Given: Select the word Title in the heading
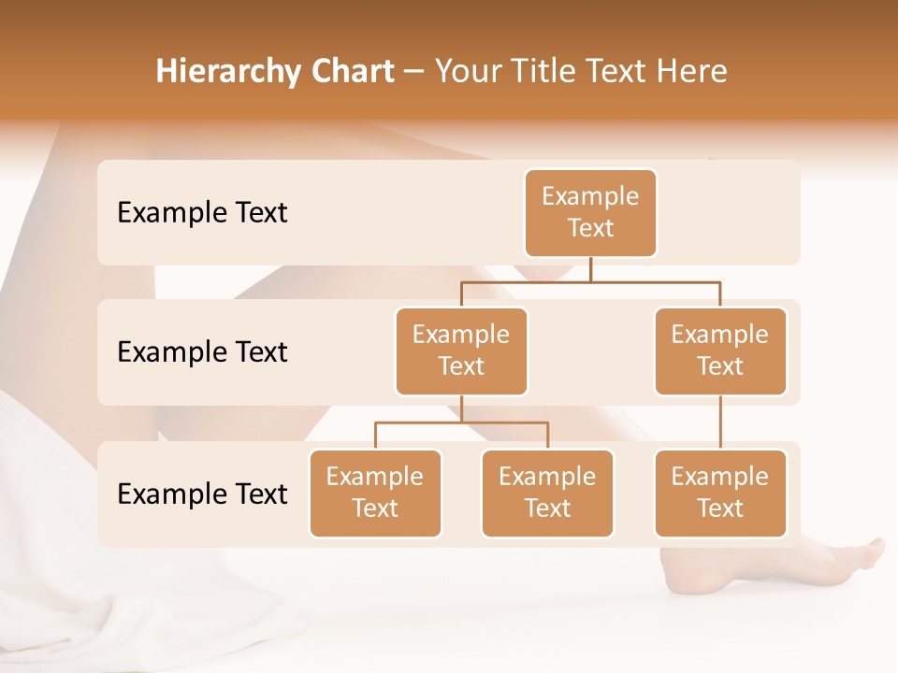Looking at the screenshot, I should [x=546, y=72].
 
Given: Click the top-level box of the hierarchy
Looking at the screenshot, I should [x=590, y=212].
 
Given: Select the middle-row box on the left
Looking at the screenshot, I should [x=461, y=351].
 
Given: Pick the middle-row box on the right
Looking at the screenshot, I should [x=720, y=351].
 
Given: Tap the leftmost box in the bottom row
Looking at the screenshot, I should [x=375, y=493].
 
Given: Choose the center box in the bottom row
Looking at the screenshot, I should [x=547, y=493].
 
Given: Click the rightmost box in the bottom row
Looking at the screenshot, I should [x=720, y=493].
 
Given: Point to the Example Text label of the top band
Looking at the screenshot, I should [x=202, y=213].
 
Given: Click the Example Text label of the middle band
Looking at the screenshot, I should [x=202, y=352].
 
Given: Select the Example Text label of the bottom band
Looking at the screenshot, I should [x=202, y=494].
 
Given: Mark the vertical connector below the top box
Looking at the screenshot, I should [x=590, y=269].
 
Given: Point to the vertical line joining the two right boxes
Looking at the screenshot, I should [x=720, y=422].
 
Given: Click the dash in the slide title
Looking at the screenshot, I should [x=414, y=72].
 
